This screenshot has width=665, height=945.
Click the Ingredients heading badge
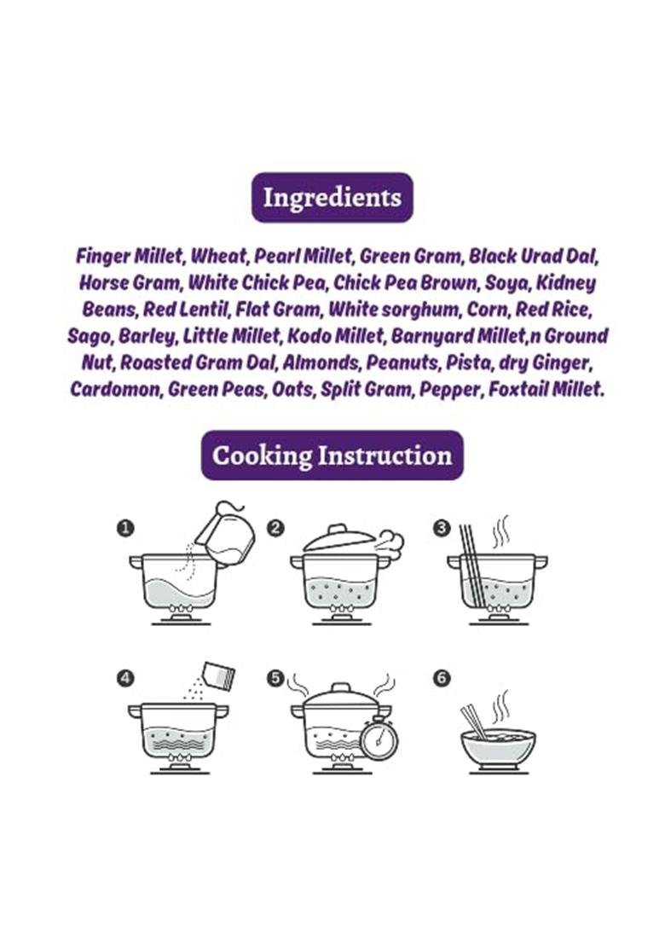click(x=332, y=198)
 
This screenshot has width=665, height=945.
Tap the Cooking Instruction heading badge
click(x=332, y=455)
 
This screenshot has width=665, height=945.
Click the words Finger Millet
click(x=128, y=256)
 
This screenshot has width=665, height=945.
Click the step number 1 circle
click(x=124, y=529)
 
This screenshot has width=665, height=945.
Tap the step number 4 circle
click(x=124, y=678)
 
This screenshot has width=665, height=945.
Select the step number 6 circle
click(x=442, y=678)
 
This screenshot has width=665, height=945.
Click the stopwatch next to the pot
click(x=379, y=739)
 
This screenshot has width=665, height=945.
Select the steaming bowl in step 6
click(x=498, y=749)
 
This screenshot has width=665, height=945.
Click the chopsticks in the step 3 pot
click(x=471, y=565)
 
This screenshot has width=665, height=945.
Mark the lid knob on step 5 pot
click(x=342, y=687)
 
